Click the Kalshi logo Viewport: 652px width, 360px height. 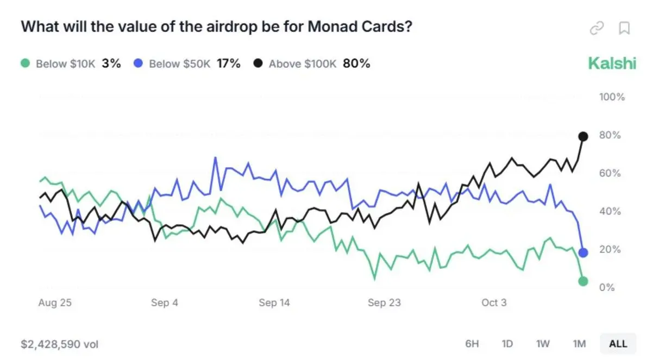612,64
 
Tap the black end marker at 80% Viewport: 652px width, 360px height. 583,136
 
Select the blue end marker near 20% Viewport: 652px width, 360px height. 583,252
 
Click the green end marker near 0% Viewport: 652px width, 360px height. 583,281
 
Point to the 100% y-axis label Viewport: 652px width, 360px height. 612,97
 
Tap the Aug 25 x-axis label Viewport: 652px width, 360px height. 54,303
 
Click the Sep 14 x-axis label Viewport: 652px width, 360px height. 274,303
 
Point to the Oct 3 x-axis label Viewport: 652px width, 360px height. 494,303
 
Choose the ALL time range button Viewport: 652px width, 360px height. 618,344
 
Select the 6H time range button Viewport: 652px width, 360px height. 472,344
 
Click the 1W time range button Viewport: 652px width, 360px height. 543,344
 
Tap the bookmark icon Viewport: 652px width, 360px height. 625,28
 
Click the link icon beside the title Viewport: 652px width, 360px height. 597,28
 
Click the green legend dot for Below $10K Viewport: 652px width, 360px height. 25,64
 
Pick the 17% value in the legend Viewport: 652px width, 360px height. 228,64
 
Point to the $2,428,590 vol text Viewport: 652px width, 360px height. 60,344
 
